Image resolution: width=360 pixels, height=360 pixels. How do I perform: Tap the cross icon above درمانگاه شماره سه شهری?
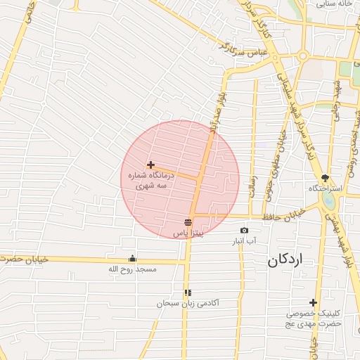click(150, 165)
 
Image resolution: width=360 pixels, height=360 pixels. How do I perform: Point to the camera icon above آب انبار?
click(244, 231)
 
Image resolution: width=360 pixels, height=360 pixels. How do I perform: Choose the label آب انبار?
click(244, 241)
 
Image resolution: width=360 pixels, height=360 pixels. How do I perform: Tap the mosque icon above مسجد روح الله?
click(133, 258)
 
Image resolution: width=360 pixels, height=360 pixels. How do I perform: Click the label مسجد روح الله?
click(133, 269)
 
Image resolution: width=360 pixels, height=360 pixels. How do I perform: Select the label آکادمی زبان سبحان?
click(188, 303)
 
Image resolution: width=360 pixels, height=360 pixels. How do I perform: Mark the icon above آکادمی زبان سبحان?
click(188, 292)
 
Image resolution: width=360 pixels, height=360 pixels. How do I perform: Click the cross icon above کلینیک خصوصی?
click(313, 302)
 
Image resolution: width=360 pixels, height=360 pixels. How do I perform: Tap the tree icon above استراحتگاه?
click(325, 178)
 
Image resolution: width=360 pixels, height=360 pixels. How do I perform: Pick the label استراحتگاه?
click(324, 189)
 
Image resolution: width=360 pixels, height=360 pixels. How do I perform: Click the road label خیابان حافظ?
click(284, 212)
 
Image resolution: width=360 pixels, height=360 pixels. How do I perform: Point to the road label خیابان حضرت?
click(25, 259)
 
